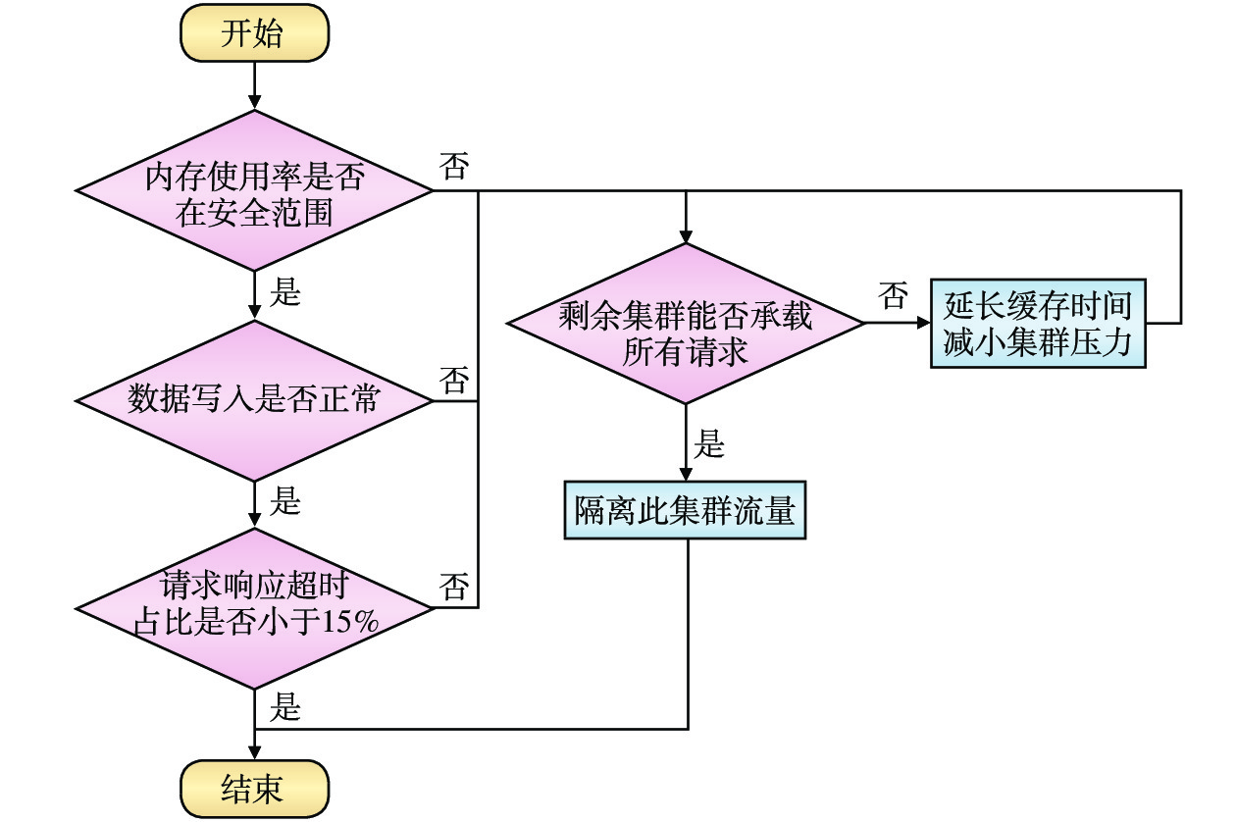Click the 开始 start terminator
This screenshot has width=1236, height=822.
(x=255, y=35)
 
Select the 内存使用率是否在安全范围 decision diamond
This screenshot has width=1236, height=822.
(x=255, y=190)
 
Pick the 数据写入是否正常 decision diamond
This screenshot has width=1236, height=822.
(x=255, y=400)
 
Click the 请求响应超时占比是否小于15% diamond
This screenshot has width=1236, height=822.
(x=255, y=608)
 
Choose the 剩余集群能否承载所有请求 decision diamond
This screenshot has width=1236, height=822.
(x=686, y=324)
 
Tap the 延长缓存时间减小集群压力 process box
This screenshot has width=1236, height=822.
(x=1037, y=324)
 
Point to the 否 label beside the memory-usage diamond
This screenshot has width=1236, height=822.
(x=454, y=168)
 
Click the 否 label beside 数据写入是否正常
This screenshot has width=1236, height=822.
(x=454, y=379)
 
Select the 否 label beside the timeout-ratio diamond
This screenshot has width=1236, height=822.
(x=454, y=587)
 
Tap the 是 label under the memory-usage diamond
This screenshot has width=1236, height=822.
(x=285, y=292)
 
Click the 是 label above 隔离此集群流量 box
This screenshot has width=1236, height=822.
(x=710, y=444)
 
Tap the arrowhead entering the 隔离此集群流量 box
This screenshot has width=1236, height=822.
(x=686, y=472)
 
